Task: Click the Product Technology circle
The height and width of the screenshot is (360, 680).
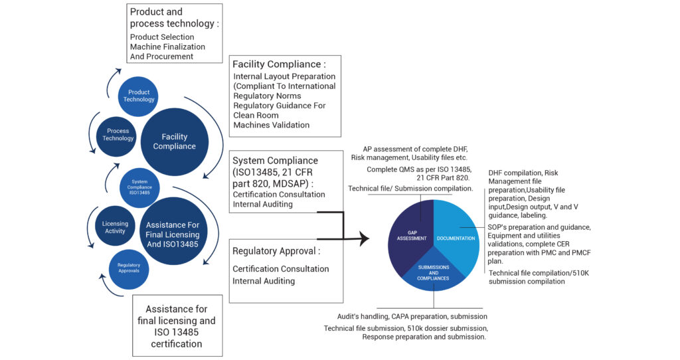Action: coord(139,96)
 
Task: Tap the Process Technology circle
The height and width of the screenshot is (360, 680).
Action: coord(118,135)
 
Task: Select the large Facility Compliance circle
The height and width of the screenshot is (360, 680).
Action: coord(174,141)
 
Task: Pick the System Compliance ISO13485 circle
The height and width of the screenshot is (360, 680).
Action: coord(140,187)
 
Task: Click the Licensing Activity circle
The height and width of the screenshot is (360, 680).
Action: coord(115,228)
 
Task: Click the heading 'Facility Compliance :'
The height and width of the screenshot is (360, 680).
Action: coord(279,64)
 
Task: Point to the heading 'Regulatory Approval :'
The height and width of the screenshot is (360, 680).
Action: coord(276,251)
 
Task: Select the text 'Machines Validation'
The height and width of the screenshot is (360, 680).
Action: coord(271,125)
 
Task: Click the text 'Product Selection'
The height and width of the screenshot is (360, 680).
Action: coord(162,37)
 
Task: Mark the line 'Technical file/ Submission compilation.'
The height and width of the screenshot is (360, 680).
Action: coord(410,189)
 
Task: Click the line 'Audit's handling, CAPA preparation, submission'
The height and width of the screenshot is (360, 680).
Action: coord(406,316)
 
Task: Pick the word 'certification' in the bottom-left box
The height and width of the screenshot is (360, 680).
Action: coord(176,343)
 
